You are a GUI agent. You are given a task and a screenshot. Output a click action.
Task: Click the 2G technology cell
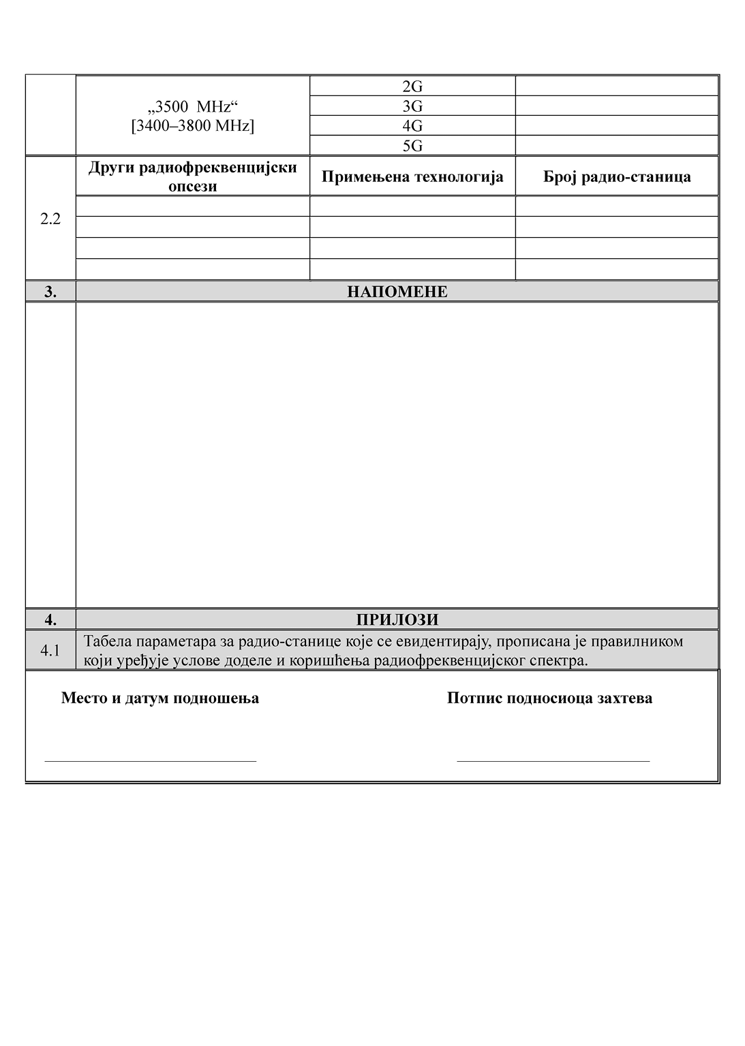click(412, 87)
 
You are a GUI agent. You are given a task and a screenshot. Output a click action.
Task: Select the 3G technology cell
click(412, 106)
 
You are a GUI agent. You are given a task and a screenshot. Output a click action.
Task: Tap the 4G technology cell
click(412, 126)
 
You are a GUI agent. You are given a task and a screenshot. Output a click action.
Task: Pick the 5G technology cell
click(412, 146)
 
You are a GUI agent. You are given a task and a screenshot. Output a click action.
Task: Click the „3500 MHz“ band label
click(193, 108)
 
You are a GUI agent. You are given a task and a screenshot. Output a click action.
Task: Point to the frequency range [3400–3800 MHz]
click(193, 126)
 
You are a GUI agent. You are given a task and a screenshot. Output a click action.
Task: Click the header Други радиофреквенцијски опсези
click(193, 176)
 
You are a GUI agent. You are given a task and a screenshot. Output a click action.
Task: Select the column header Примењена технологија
click(412, 177)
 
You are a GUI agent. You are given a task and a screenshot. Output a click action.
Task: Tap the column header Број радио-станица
click(617, 177)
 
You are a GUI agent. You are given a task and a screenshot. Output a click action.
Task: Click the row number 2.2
click(50, 219)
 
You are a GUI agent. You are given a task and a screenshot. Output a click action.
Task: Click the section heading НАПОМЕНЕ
click(397, 292)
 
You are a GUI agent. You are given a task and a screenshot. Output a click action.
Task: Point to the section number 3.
click(50, 292)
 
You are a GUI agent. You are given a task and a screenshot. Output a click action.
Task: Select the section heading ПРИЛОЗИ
click(397, 619)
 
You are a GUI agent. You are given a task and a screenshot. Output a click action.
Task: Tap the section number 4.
click(50, 619)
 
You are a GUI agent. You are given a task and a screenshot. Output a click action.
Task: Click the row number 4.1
click(50, 651)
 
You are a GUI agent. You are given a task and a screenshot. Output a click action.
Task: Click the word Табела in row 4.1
click(107, 641)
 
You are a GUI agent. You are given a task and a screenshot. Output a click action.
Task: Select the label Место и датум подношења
click(160, 698)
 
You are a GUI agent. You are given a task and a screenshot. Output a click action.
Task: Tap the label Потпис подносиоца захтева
click(549, 698)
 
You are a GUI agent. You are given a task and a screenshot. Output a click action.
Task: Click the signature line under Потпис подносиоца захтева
click(553, 760)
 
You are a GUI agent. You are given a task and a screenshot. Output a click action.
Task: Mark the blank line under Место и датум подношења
click(150, 760)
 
